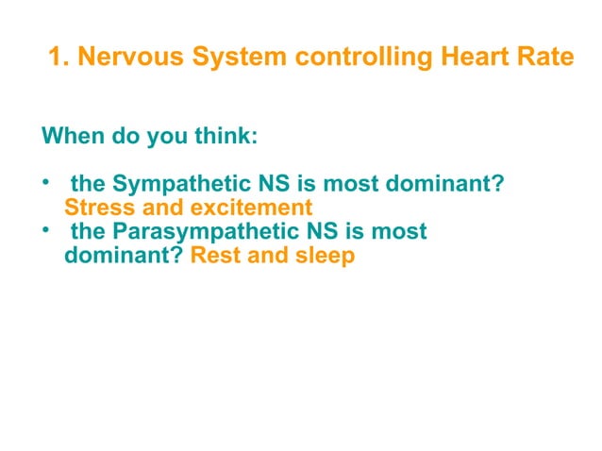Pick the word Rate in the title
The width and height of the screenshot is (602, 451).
point(547,58)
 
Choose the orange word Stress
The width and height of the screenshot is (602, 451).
point(98,207)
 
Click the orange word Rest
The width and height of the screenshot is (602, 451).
point(214,255)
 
